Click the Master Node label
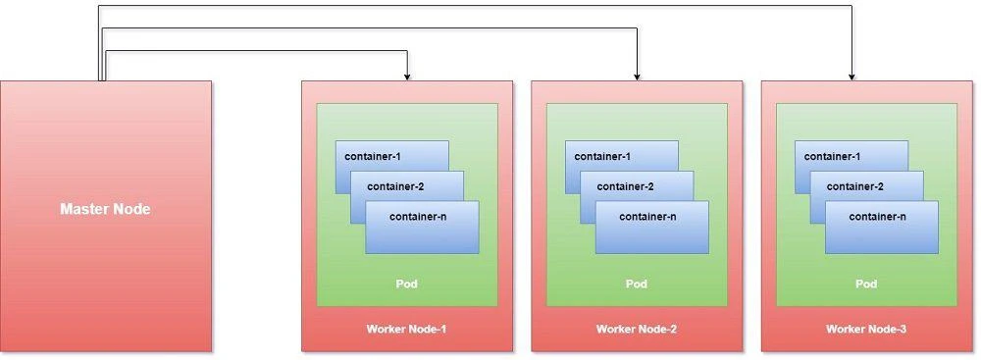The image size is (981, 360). click(x=105, y=209)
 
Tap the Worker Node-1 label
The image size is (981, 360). click(x=406, y=329)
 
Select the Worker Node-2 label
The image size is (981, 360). click(x=636, y=329)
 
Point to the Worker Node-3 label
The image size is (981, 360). click(x=866, y=329)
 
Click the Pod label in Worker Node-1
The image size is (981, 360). click(x=406, y=283)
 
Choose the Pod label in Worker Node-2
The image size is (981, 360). click(x=636, y=283)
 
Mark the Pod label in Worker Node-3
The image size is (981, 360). click(x=866, y=283)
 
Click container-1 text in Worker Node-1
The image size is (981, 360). click(x=373, y=156)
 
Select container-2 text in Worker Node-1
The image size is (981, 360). click(x=395, y=186)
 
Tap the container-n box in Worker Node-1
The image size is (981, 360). click(x=422, y=228)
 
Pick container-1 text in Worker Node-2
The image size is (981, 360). click(x=602, y=156)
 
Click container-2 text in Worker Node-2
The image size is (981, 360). click(x=625, y=186)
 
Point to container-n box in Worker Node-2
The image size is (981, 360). click(x=651, y=228)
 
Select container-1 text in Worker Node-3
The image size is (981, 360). click(x=832, y=156)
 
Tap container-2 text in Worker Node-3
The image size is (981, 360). click(x=854, y=186)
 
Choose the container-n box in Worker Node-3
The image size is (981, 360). click(x=881, y=228)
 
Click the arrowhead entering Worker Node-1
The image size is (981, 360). click(x=407, y=76)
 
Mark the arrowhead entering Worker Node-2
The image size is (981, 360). click(x=638, y=76)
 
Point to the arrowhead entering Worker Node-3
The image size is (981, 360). click(x=852, y=76)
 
